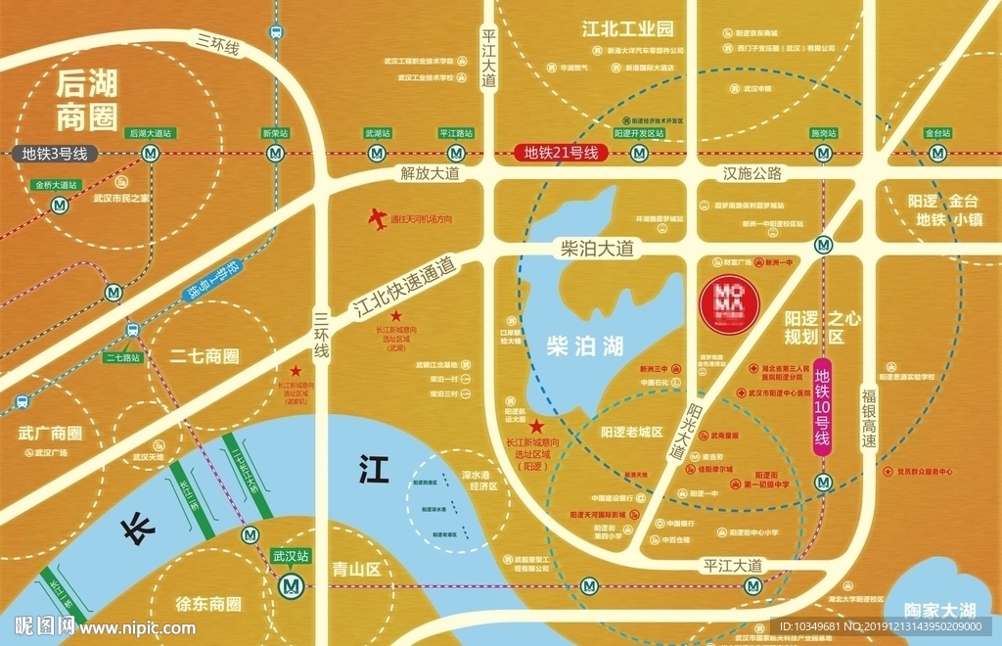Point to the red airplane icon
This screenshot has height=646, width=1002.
point(377,219)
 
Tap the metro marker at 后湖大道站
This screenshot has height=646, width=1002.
point(150,153)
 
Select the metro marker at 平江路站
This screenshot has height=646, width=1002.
point(455,153)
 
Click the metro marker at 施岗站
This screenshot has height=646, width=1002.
point(823,153)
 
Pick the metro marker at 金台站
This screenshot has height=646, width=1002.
point(938,153)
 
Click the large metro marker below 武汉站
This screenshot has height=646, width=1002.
point(291,585)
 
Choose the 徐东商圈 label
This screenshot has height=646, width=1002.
point(208,604)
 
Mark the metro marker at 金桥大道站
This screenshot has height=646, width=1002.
point(61,205)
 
